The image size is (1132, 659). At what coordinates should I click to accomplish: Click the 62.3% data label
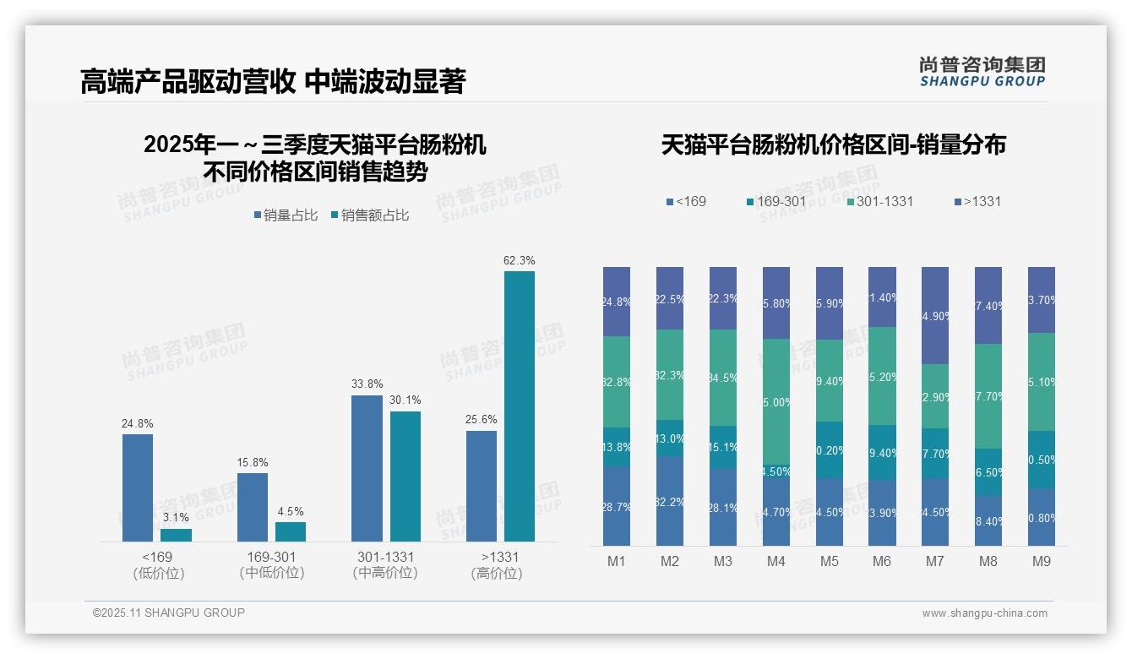519,260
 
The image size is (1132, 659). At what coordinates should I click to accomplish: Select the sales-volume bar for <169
138,487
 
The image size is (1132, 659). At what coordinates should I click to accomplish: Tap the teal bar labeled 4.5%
291,531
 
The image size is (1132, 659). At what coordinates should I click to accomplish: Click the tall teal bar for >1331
519,406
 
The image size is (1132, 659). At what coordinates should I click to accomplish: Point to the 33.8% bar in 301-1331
367,468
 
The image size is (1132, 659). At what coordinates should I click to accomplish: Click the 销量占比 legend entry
286,215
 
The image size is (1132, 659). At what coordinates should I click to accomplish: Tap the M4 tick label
776,561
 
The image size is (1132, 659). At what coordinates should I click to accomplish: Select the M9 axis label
1042,561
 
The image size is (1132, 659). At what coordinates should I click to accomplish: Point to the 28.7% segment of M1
617,505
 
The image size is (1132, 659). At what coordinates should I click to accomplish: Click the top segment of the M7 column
935,315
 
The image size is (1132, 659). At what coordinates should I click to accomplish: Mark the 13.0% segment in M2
670,438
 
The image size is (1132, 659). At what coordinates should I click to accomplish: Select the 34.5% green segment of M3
723,377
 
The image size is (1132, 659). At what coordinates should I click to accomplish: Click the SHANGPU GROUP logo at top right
982,72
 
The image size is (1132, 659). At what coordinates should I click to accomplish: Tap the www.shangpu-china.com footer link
984,613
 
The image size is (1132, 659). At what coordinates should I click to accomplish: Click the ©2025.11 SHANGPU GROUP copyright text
169,613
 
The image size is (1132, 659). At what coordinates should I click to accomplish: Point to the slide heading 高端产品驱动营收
188,82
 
